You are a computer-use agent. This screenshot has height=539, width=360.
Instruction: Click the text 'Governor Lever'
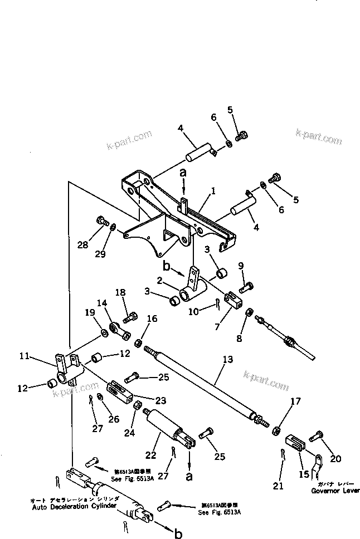point(333,492)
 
